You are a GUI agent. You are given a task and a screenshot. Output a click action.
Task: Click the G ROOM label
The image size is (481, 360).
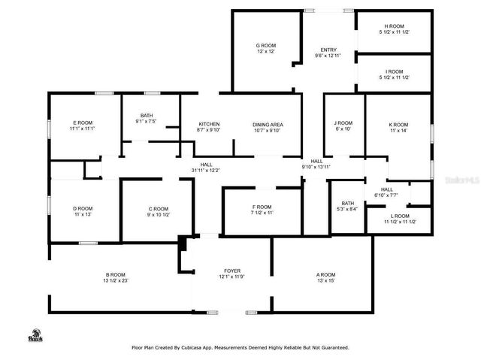click(x=266, y=46)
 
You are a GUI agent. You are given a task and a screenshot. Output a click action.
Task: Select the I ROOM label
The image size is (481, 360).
click(x=395, y=71)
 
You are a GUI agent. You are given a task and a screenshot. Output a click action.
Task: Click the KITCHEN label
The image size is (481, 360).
click(x=208, y=124)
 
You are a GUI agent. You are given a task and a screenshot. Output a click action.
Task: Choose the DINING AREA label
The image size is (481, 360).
click(x=267, y=124)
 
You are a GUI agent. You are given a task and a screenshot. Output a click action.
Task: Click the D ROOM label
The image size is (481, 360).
click(x=83, y=208)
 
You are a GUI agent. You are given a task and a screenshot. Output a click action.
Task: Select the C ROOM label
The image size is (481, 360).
click(x=159, y=208)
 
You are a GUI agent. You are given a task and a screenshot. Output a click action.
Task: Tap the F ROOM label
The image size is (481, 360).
click(x=262, y=207)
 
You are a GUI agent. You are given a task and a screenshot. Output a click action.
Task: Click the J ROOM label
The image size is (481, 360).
click(x=343, y=123)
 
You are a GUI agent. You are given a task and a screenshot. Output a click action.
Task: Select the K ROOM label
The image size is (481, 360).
click(x=398, y=125)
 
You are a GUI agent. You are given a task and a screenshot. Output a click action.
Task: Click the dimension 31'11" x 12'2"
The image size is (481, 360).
click(x=205, y=171)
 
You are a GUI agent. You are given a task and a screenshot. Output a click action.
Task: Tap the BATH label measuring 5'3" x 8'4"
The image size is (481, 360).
click(x=348, y=203)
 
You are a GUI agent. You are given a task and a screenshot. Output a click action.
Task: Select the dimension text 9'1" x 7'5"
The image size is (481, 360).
click(x=146, y=121)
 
